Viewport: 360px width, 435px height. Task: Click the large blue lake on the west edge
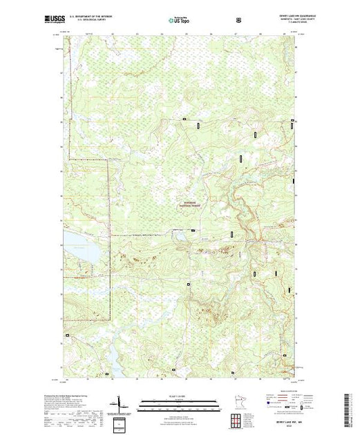tap(77, 249)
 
